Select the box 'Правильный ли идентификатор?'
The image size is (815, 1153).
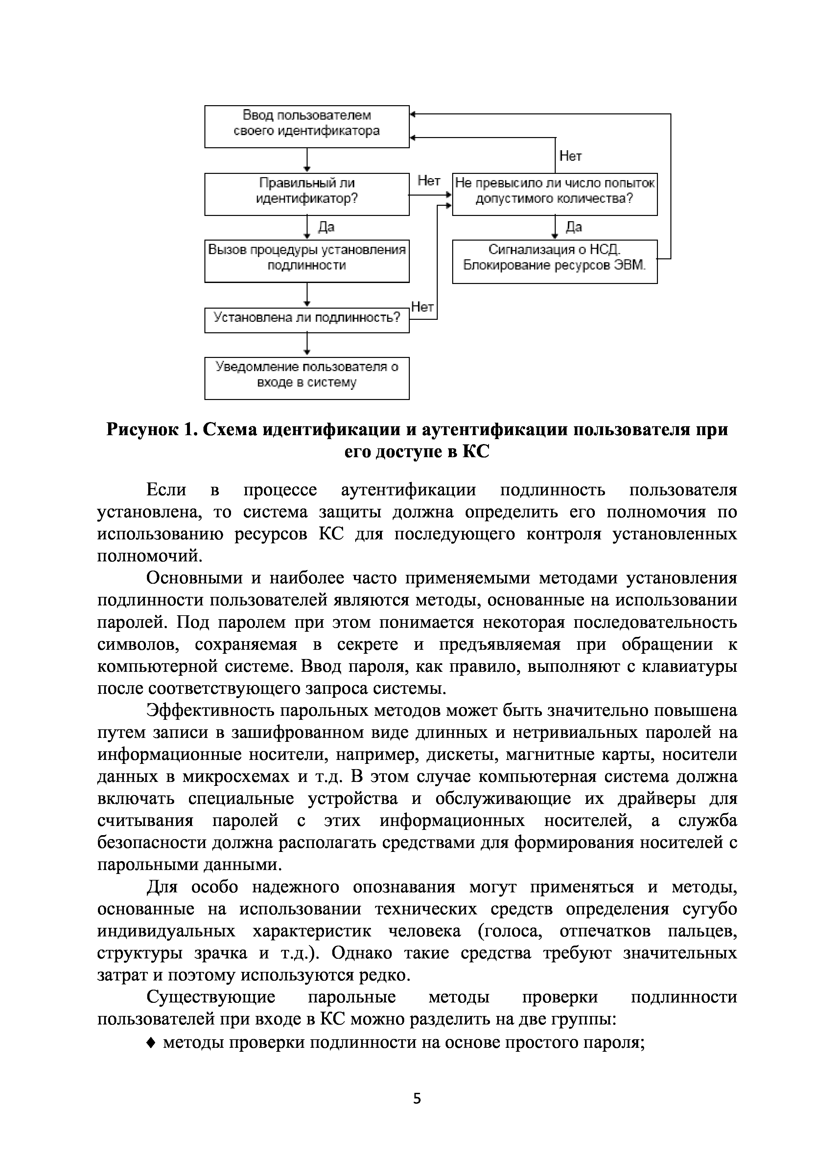pos(307,194)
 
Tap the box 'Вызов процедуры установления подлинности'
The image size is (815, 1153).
pos(307,261)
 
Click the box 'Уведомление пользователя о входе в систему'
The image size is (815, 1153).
pos(307,378)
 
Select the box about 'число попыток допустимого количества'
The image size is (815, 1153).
pos(554,194)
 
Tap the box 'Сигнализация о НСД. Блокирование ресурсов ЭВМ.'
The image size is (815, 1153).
pos(554,261)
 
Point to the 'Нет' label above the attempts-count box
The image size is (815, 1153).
pos(570,156)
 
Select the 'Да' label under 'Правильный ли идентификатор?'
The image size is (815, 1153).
pos(326,227)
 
